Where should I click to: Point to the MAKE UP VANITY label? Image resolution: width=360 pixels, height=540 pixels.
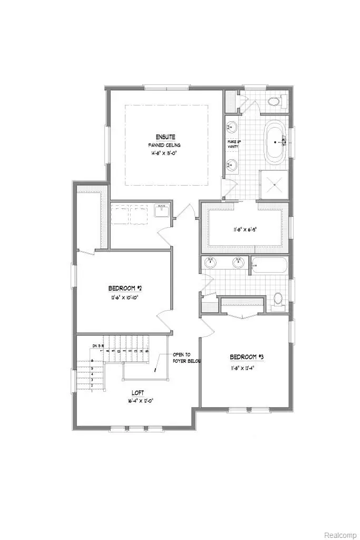(233, 144)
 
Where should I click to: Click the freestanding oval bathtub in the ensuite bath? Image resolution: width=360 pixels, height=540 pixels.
(274, 142)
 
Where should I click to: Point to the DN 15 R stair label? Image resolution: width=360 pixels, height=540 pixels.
(98, 345)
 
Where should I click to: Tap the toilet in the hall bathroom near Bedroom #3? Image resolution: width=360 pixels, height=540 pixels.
(279, 300)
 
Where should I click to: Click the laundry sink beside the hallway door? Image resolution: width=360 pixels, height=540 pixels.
(160, 211)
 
